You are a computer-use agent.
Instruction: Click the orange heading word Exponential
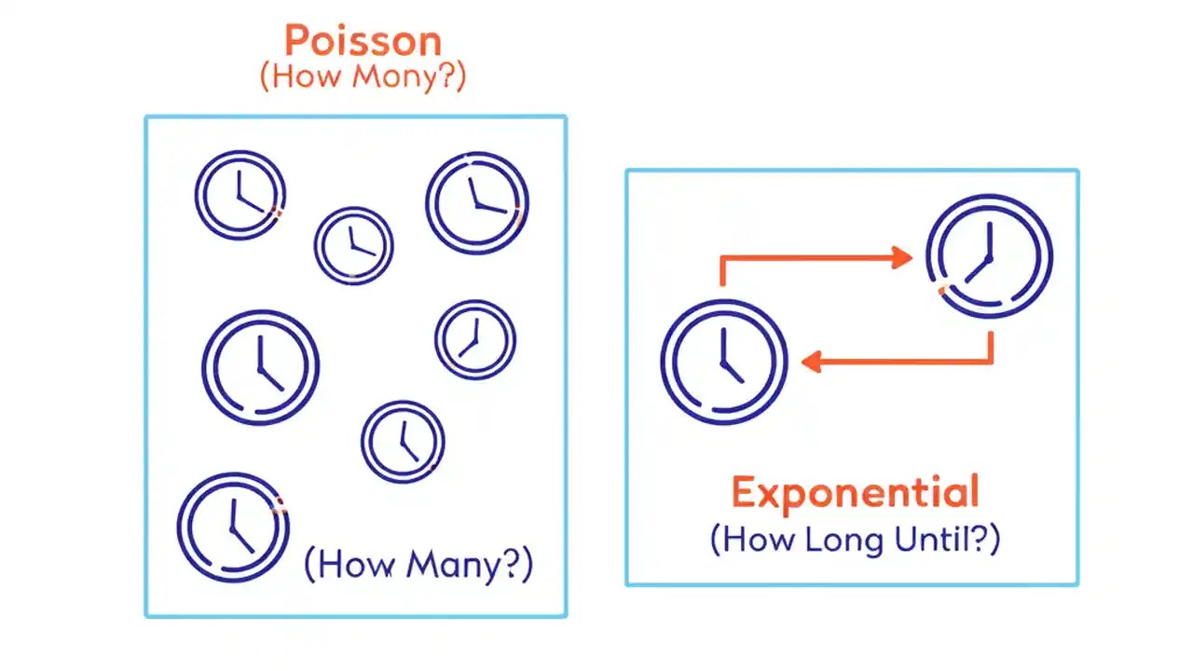coord(855,492)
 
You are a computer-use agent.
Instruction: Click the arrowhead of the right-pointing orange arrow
coord(902,257)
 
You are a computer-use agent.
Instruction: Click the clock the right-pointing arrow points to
coord(989,256)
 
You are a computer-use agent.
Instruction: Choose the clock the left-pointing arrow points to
coord(724,362)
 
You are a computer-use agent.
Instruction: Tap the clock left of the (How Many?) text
coord(233,527)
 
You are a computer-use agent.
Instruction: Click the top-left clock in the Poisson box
coord(240,196)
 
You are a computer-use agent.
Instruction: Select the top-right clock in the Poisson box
coord(476,203)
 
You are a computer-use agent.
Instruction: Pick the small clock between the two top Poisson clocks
coord(353,245)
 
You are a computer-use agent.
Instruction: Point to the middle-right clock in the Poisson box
coord(474,339)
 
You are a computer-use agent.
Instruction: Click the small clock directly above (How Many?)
coord(403,442)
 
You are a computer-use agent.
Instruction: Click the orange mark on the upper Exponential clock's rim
coord(942,291)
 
